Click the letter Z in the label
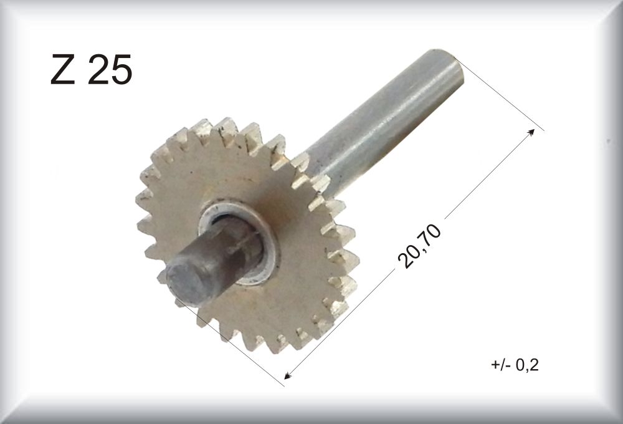coord(63,70)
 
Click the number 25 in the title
coord(109,70)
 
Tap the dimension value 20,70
coord(419,246)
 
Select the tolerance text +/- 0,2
coord(515,364)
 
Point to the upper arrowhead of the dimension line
coord(531,132)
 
